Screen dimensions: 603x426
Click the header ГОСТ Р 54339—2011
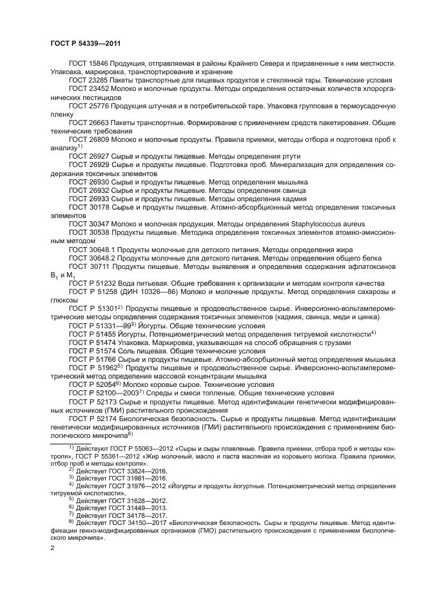[x=86, y=44]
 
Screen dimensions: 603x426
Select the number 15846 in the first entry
[x=99, y=64]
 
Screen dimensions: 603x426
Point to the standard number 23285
[x=99, y=80]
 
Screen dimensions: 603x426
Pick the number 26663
[x=99, y=120]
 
